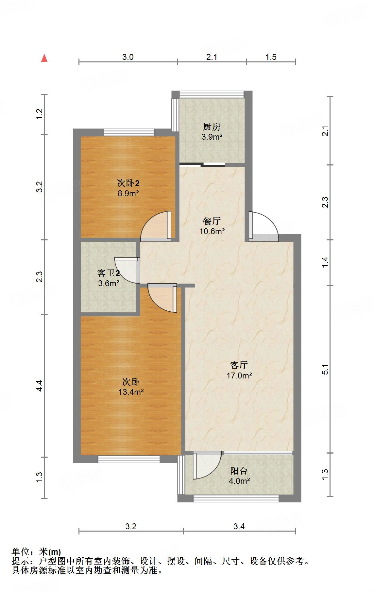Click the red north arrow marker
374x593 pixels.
[44, 59]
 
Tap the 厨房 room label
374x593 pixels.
[212, 127]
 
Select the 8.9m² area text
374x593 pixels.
[128, 193]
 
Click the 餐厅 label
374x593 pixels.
[212, 221]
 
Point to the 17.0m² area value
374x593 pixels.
[239, 375]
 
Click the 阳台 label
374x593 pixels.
[239, 471]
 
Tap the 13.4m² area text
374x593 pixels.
[131, 392]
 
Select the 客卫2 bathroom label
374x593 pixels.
[108, 273]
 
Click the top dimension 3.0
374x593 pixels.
[128, 57]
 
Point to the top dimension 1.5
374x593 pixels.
[271, 57]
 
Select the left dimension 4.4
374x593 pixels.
[39, 386]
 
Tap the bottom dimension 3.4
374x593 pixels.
[239, 526]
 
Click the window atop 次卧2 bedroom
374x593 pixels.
[129, 132]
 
